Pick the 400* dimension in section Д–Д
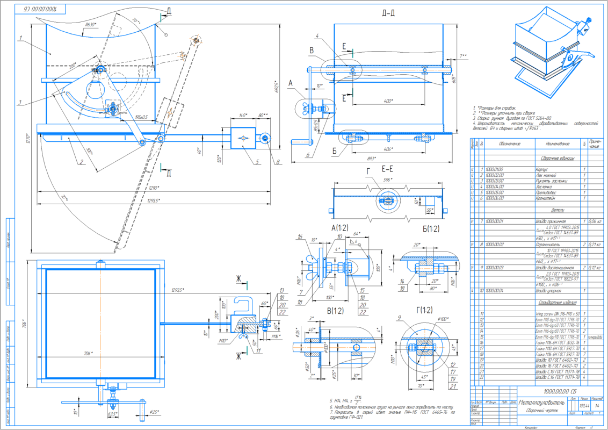(x=384, y=101)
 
